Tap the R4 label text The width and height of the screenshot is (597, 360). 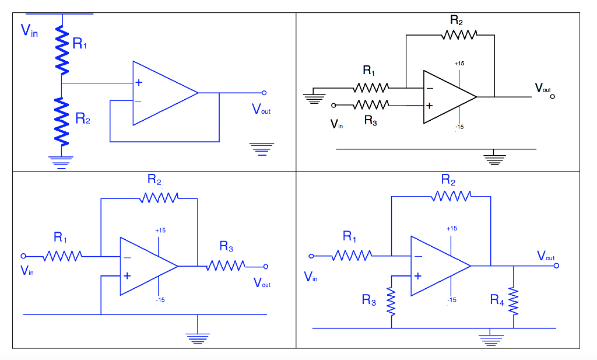tap(497, 300)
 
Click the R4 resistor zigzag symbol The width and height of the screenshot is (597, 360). tap(513, 300)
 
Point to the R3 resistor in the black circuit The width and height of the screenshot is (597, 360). tap(371, 106)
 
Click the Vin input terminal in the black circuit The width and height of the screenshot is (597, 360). tap(333, 106)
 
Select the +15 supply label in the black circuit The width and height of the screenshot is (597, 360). tap(459, 63)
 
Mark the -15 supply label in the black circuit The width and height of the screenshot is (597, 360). tap(459, 127)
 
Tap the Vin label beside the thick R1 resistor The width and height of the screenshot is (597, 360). tap(29, 30)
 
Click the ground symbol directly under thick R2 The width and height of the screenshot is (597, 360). tap(61, 160)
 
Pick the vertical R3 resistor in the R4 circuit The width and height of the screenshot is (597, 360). tap(391, 301)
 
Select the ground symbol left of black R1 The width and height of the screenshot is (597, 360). tap(314, 96)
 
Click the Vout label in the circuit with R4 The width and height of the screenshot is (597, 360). tap(546, 256)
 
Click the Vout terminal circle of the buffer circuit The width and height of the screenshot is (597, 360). tap(264, 93)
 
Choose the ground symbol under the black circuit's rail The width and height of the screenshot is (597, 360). tap(494, 158)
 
